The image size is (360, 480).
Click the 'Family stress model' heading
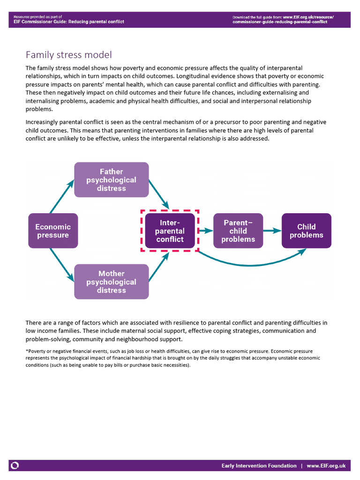(x=68, y=55)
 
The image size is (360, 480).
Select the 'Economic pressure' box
(x=53, y=231)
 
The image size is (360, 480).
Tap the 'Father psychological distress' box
(x=112, y=180)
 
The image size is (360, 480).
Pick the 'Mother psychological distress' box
(x=112, y=282)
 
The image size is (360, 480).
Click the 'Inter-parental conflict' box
(x=170, y=231)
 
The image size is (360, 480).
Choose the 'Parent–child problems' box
(x=238, y=231)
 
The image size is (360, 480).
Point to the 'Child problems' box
(x=306, y=231)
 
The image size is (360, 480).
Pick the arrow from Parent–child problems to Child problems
(x=272, y=231)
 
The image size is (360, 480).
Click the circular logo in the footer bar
(x=15, y=465)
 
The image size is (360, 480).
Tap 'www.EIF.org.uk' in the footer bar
(x=326, y=465)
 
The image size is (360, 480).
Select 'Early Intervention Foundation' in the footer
(x=259, y=465)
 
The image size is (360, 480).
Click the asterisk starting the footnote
(x=27, y=351)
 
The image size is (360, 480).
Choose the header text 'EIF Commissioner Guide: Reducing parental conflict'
(x=66, y=22)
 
